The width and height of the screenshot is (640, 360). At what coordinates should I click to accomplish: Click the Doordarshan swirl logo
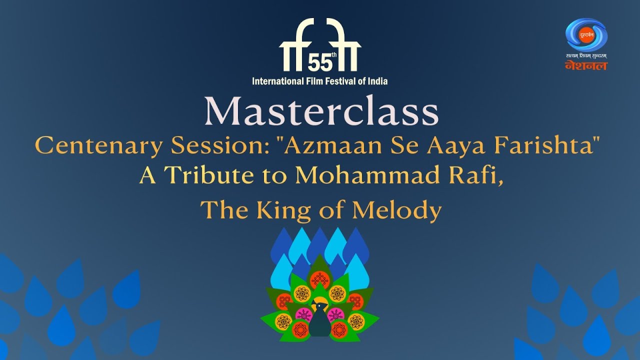pos(586,34)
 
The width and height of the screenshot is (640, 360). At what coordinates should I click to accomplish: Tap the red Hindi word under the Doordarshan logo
pos(586,65)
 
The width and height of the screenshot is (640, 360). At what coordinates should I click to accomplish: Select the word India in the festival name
pos(377,81)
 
